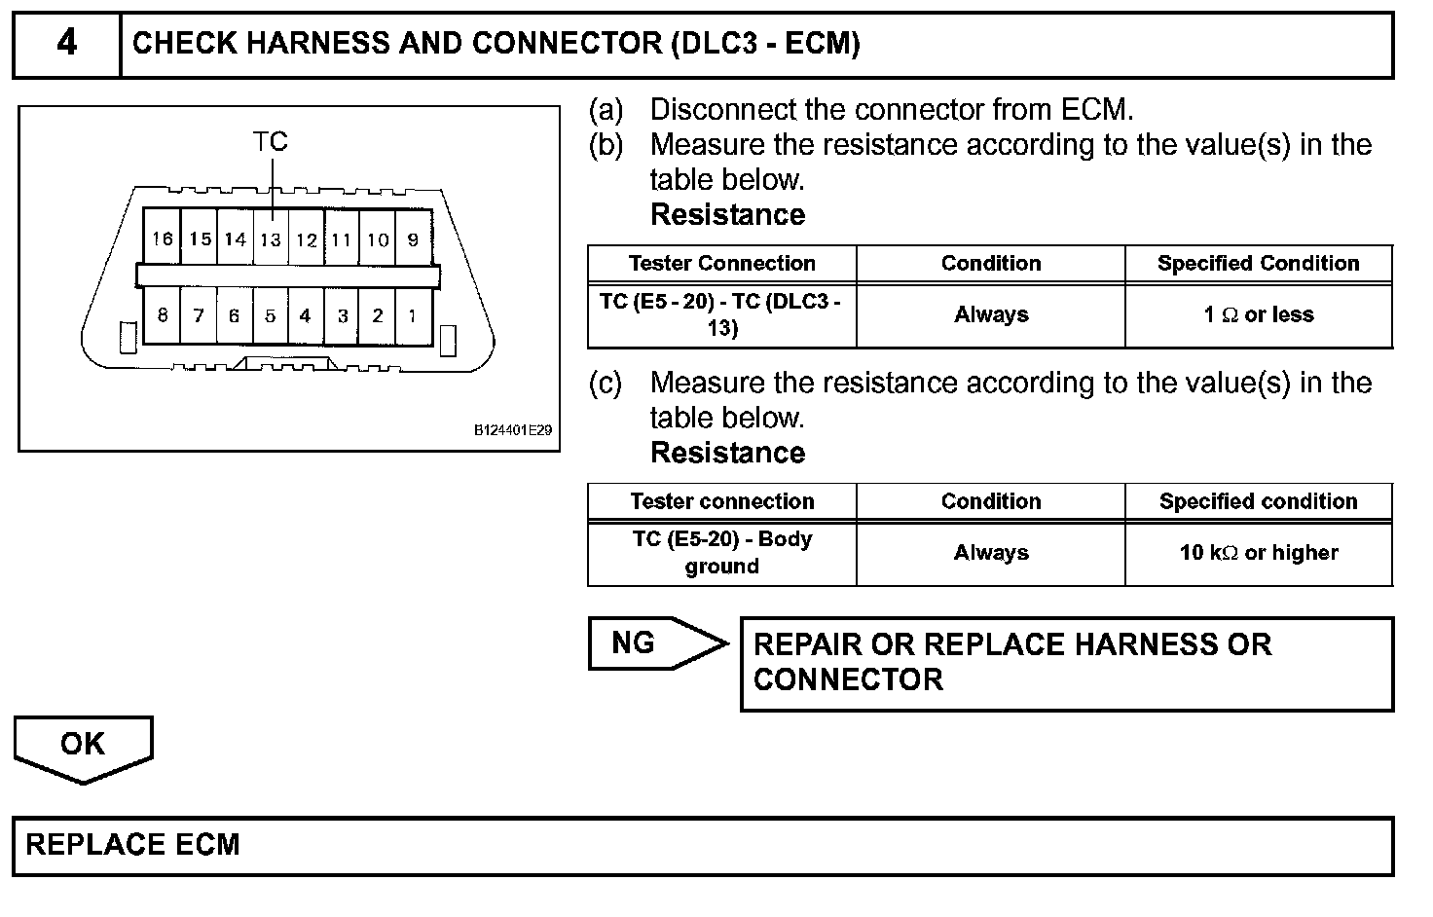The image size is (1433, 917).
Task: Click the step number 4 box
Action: (66, 44)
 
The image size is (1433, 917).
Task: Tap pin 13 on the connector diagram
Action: (271, 239)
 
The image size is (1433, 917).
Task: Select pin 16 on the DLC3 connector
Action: (163, 238)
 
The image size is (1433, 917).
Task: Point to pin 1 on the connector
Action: (413, 315)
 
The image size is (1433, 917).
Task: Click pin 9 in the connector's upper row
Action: (413, 239)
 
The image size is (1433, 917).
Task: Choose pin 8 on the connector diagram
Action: (163, 315)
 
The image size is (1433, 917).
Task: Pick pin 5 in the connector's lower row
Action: (271, 315)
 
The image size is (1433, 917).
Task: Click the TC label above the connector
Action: (271, 142)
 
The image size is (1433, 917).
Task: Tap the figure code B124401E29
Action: (513, 429)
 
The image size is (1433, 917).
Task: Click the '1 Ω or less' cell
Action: (1259, 315)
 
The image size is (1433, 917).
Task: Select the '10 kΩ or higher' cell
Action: (1259, 553)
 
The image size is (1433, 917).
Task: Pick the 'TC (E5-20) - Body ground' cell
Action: (721, 553)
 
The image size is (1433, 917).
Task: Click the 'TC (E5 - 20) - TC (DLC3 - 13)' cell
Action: (721, 315)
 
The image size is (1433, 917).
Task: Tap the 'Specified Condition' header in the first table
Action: (1258, 264)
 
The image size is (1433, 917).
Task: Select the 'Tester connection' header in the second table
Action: (721, 501)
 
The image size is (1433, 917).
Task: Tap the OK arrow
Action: (83, 746)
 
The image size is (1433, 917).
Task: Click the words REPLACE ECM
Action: (132, 844)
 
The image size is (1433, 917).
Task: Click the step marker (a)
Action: (606, 110)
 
